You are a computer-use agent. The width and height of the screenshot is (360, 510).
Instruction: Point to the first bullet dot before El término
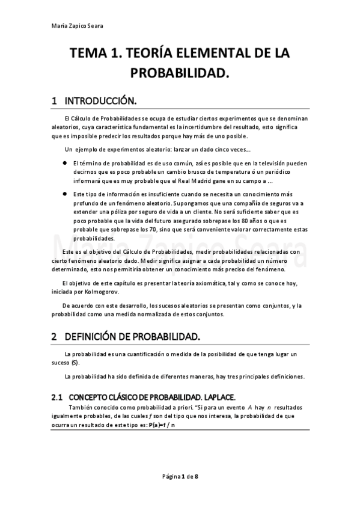pyautogui.click(x=64, y=162)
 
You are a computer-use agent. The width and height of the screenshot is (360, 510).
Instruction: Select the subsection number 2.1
pyautogui.click(x=57, y=398)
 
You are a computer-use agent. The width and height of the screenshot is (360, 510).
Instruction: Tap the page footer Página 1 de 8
pyautogui.click(x=180, y=476)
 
